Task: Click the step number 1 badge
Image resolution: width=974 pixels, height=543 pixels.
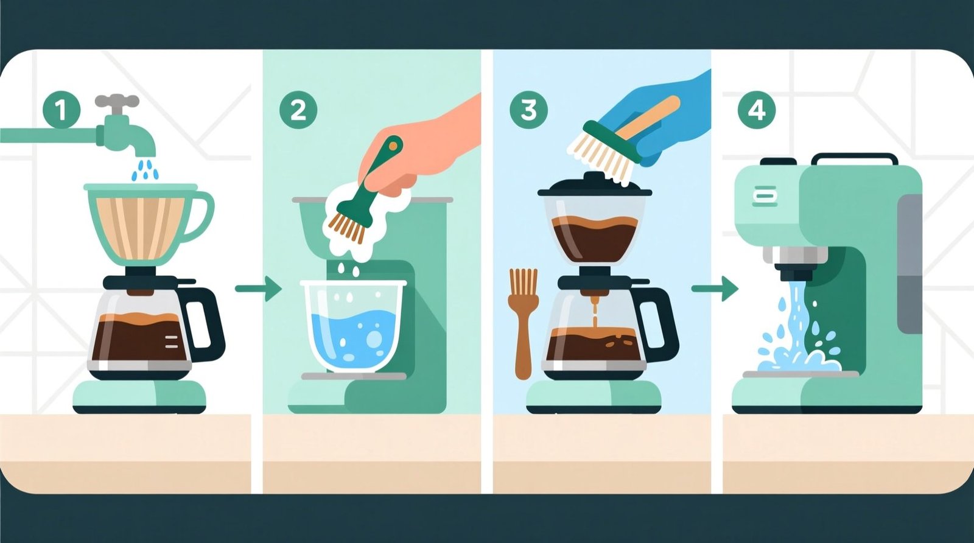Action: pyautogui.click(x=61, y=110)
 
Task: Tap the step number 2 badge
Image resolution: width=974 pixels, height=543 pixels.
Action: pyautogui.click(x=298, y=110)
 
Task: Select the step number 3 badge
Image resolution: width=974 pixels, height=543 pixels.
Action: pyautogui.click(x=528, y=110)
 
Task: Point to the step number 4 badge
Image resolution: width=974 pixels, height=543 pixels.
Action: pyautogui.click(x=756, y=110)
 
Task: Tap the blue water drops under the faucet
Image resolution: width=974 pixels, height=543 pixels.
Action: pyautogui.click(x=145, y=170)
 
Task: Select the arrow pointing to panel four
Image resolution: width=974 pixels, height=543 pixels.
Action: pyautogui.click(x=715, y=289)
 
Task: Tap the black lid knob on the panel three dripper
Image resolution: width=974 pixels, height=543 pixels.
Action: pyautogui.click(x=594, y=178)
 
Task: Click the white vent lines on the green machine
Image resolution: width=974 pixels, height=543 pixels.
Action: pyautogui.click(x=765, y=196)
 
